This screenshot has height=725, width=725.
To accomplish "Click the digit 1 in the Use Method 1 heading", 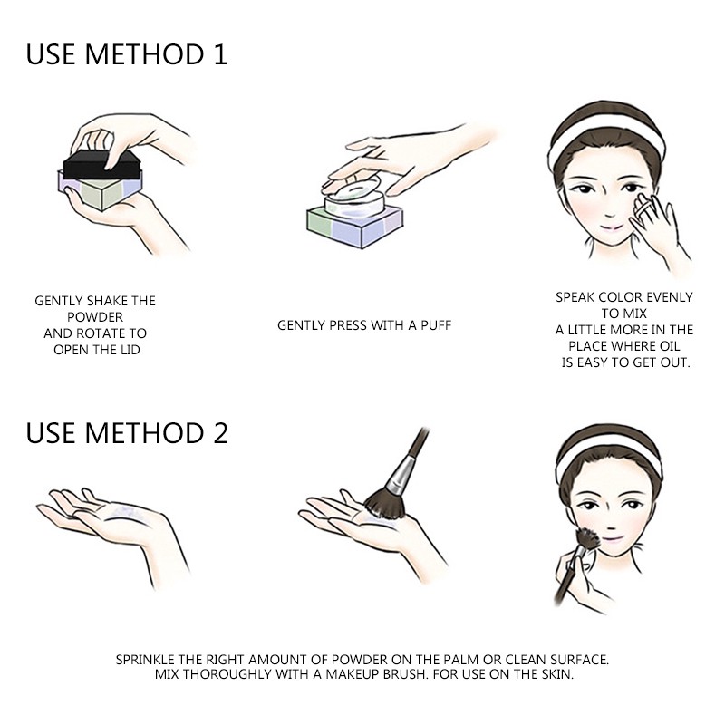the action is tap(220, 54).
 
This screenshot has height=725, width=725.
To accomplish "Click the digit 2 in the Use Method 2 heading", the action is tap(220, 433).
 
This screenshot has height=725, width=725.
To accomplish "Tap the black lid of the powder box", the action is tap(101, 164).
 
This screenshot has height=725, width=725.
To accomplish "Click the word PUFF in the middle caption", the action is tap(436, 325).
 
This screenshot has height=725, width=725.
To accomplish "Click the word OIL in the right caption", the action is tap(668, 346).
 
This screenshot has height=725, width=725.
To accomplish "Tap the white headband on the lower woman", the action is tap(607, 458).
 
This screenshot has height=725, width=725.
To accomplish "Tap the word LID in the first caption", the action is tap(130, 350).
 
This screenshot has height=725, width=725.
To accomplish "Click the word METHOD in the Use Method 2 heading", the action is tap(145, 433).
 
